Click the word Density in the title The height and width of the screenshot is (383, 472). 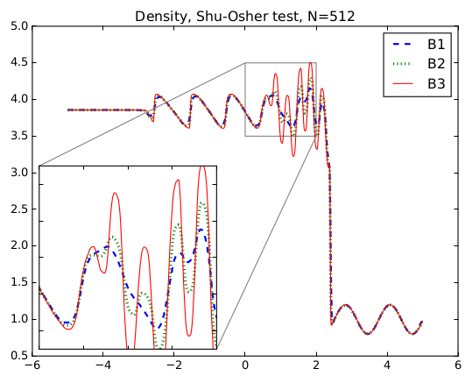tap(161, 17)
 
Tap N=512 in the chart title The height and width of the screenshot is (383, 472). tap(331, 16)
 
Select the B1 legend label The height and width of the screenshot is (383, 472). tap(436, 45)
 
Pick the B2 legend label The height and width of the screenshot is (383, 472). tap(436, 64)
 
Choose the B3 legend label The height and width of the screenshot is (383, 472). tap(436, 83)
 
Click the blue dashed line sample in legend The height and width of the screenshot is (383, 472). tap(402, 45)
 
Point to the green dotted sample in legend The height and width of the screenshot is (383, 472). tap(402, 64)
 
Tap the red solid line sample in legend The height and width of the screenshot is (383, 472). tap(402, 83)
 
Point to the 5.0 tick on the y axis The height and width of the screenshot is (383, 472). tap(19, 26)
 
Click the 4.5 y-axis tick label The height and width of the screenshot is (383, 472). tap(19, 63)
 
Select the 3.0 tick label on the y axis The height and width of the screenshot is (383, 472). tap(19, 173)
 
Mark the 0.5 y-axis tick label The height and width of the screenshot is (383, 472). tap(19, 356)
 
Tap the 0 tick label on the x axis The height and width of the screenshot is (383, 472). tap(245, 365)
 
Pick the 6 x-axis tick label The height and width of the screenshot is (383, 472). tap(458, 365)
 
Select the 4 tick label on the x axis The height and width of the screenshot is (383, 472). tap(387, 365)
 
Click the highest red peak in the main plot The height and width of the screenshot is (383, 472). tap(310, 63)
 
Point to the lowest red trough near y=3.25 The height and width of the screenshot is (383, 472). tap(293, 156)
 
